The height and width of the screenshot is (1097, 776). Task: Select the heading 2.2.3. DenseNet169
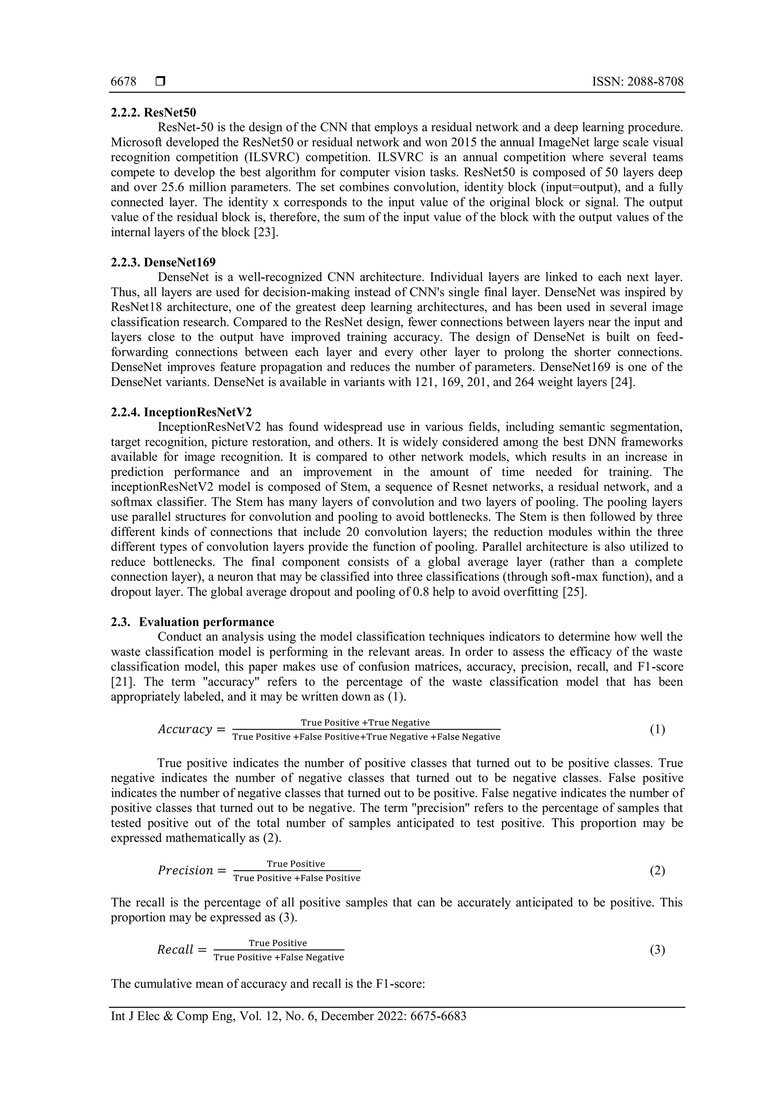point(163,262)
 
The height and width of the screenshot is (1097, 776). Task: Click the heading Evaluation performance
point(207,622)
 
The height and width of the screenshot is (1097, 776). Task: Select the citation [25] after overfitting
point(574,592)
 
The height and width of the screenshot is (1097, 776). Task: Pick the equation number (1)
point(657,730)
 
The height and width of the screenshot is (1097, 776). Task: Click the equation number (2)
point(657,871)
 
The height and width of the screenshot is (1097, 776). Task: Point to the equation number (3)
point(657,950)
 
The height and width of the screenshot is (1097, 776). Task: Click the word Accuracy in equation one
point(185,730)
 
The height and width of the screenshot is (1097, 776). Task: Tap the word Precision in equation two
point(185,871)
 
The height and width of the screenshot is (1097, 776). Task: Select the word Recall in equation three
point(175,950)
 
